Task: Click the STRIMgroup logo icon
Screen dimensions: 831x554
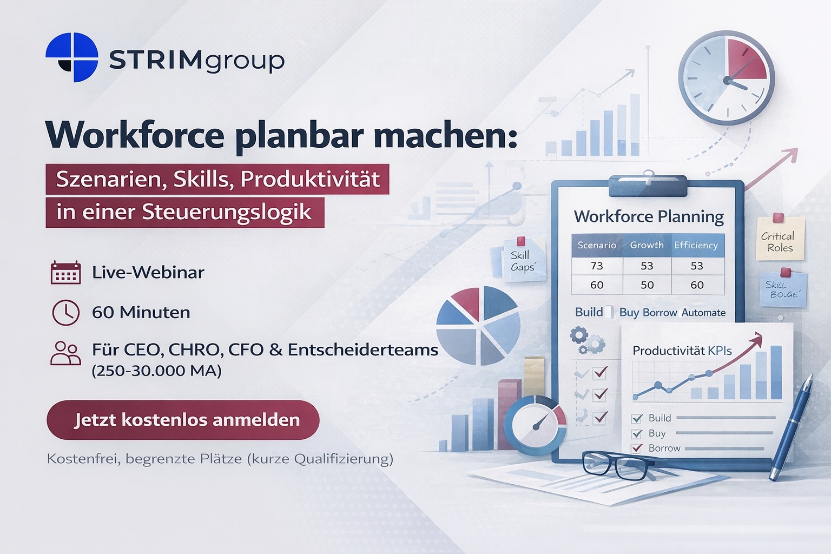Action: (x=72, y=57)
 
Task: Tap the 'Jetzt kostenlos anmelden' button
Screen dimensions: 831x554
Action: (x=183, y=420)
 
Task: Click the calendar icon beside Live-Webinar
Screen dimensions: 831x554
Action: (x=65, y=272)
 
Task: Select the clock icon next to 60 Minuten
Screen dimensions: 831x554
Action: (x=65, y=313)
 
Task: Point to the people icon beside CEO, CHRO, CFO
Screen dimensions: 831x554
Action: (x=65, y=353)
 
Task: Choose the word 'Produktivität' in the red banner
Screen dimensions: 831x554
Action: (x=310, y=179)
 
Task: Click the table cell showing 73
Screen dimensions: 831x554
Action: (x=597, y=266)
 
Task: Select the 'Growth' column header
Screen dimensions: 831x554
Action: (x=647, y=245)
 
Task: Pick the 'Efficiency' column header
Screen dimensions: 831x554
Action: (x=696, y=245)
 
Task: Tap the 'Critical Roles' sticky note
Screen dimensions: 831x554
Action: (x=780, y=238)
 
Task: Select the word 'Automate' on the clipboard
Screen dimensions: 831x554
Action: (x=703, y=313)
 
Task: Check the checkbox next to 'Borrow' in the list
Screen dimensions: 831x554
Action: (x=637, y=449)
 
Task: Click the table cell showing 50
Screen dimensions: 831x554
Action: (x=647, y=285)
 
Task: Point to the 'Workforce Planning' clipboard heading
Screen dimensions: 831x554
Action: (x=649, y=217)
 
